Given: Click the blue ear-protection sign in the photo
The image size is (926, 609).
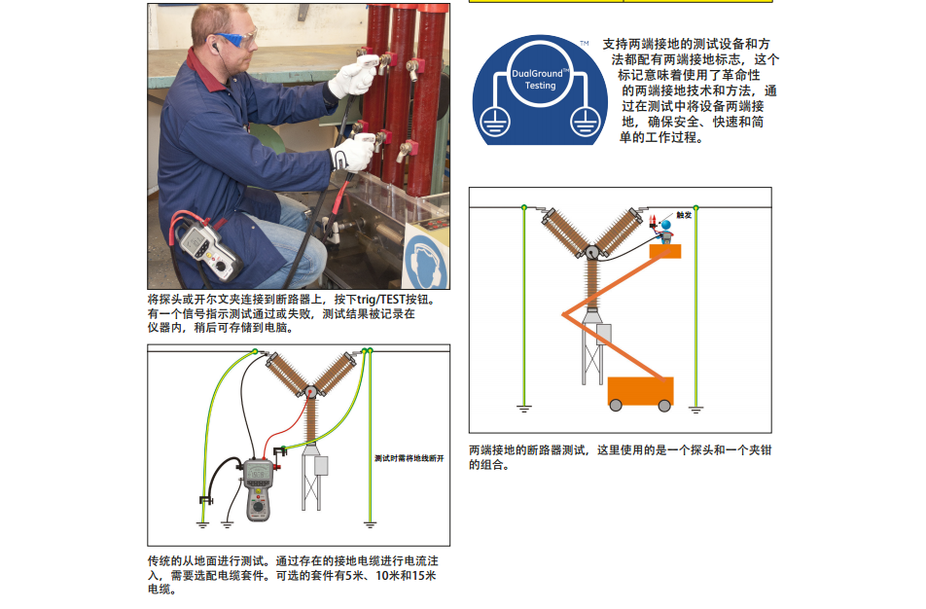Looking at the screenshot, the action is click(x=427, y=261).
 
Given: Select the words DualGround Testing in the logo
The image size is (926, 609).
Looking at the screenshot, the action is click(x=540, y=79).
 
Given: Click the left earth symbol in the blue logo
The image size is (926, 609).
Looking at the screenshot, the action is click(x=494, y=123).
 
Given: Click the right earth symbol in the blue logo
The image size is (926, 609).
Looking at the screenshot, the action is click(x=586, y=123).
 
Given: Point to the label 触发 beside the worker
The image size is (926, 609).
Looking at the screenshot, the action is click(x=684, y=215).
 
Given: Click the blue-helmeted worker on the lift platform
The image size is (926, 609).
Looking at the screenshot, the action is click(x=665, y=232).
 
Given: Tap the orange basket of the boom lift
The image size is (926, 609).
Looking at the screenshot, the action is click(x=665, y=252).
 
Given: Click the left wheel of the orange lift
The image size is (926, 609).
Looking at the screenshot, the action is click(x=616, y=406).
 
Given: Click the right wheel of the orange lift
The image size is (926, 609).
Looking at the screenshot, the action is click(x=664, y=406).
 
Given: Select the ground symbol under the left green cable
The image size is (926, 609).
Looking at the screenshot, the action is click(x=524, y=409).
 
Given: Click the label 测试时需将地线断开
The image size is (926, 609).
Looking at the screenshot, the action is click(x=410, y=458).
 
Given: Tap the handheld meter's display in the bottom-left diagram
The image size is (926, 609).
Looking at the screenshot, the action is click(x=258, y=474).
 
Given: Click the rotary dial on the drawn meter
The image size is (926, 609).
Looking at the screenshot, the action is click(x=258, y=507).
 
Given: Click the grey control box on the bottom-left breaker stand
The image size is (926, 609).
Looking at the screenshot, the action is click(x=321, y=465).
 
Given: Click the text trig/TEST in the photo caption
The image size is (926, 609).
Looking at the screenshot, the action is click(x=380, y=300).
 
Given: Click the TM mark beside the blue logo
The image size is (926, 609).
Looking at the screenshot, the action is click(x=584, y=43).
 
